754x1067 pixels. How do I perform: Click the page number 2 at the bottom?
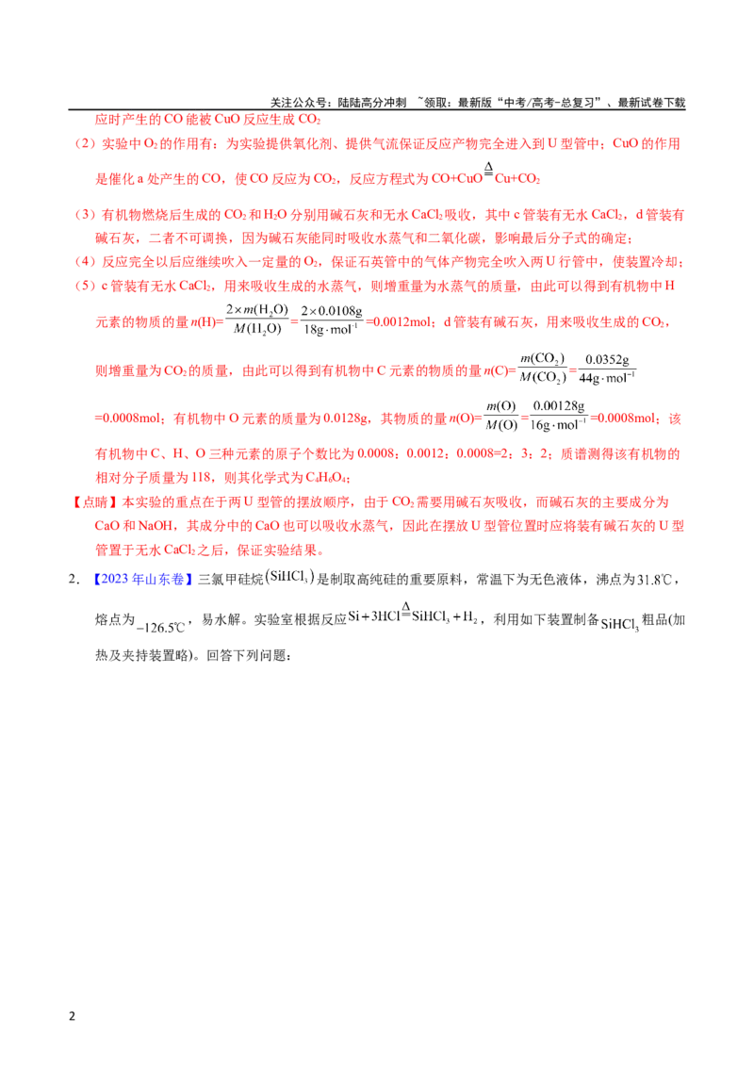tap(73, 1016)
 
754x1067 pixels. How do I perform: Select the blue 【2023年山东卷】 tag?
tap(143, 579)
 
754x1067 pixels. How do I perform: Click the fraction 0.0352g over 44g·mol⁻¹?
tap(607, 369)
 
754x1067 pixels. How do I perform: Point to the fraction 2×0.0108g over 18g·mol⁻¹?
tap(332, 320)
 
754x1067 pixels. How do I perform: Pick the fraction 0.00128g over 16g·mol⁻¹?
tap(559, 416)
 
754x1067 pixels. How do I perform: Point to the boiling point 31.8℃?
tap(655, 580)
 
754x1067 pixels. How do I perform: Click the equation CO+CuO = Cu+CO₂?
tap(486, 175)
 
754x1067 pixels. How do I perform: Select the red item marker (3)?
tap(85, 215)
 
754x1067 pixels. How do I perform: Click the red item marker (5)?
tap(85, 286)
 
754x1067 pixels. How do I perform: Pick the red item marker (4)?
tap(85, 262)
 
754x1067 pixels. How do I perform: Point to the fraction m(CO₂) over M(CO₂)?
tap(542, 369)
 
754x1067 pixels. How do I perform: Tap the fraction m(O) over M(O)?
tap(501, 416)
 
